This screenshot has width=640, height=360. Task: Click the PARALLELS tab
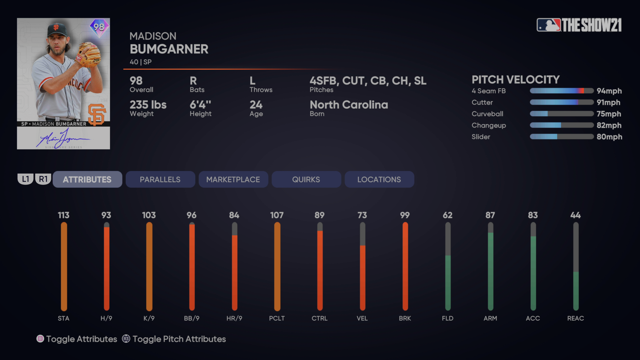[160, 179]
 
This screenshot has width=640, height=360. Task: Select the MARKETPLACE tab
[233, 179]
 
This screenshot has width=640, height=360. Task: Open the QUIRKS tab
[306, 179]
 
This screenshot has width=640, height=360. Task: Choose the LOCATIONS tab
[379, 179]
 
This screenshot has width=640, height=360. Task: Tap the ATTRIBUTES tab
[87, 179]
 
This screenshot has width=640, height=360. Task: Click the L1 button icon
[26, 179]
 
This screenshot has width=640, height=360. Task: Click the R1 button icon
[43, 179]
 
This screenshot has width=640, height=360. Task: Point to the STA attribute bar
[64, 266]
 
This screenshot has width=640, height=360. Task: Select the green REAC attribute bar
[576, 291]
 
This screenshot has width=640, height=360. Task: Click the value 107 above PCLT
[277, 215]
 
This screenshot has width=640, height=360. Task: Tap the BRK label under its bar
[405, 318]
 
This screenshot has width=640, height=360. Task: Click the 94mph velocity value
[609, 91]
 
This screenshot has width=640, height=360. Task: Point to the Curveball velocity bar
[562, 114]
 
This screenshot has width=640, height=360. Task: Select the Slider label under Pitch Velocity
[481, 137]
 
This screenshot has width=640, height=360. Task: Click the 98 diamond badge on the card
[99, 27]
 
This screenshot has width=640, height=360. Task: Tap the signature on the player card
[62, 138]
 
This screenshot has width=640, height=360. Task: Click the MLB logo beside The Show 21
[548, 25]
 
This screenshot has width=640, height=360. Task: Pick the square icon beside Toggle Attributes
[40, 339]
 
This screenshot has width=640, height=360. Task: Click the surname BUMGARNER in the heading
[169, 49]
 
